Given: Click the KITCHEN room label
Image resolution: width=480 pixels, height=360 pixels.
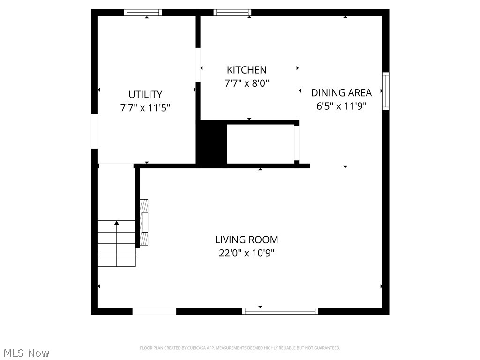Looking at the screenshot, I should pos(247,70).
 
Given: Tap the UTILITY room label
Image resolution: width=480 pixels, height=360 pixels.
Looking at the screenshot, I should pos(145,94).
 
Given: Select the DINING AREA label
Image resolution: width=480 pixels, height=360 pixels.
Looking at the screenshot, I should pos(341,92).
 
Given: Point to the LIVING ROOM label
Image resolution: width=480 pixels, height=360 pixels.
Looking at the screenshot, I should pos(247,240).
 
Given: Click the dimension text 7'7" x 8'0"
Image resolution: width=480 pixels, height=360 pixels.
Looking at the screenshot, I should pos(247,83).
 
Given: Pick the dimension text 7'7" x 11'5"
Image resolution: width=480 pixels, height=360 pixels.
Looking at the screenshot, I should pos(145,107).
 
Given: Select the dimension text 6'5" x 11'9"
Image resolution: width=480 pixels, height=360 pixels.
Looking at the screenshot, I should pos(341,105).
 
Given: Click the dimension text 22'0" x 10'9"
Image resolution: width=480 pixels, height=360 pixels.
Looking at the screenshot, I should pos(247,253).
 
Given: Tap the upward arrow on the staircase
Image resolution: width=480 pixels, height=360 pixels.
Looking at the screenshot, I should pos(117,224).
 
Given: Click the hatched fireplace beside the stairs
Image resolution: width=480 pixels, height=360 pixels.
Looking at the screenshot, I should pos(144,222).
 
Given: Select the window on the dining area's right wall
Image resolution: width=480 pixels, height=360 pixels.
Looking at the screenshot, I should pos(386,91).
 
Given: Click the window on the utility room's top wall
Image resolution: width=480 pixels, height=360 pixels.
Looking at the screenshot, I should pos(143,13).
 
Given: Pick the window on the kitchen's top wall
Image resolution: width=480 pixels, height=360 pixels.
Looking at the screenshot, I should pos(232,13).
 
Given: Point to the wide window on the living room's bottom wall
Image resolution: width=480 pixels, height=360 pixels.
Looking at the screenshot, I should pos(280,311).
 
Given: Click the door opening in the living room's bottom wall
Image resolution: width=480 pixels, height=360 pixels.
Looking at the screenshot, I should pos(154,311).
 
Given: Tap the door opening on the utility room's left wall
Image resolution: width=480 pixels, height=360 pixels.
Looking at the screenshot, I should pos(94,131).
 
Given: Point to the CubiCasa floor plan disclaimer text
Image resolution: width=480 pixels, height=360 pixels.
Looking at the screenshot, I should pos(240,348).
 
